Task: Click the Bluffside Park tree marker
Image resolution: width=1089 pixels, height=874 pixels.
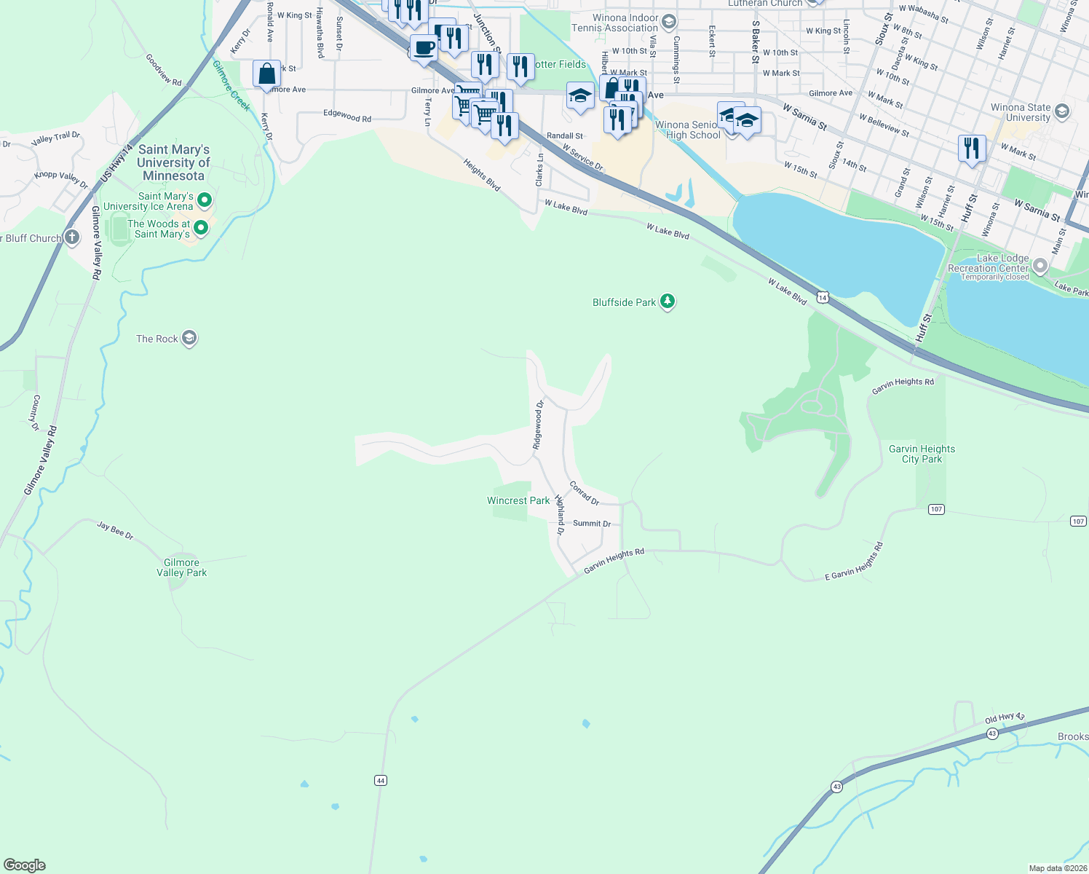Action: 667,302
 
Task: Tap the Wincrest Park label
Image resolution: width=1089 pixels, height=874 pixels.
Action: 518,500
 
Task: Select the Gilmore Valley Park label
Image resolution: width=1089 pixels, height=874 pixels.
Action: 182,567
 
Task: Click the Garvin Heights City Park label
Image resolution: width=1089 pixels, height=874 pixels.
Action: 922,454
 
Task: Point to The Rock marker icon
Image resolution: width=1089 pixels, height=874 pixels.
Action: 189,338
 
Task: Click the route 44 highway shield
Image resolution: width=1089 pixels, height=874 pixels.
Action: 380,780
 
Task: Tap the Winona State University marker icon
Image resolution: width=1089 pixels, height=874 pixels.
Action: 1061,111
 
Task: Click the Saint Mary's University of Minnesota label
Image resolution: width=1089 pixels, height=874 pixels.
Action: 173,162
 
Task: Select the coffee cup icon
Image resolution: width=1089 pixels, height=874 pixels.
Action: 424,48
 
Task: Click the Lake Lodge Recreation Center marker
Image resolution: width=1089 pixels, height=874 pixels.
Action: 1040,267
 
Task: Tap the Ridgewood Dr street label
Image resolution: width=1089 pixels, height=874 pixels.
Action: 539,425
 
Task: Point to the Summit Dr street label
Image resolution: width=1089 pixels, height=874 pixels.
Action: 591,524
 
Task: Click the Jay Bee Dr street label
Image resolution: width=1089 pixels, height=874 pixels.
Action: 116,530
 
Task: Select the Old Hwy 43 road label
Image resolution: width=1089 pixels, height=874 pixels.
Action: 1005,718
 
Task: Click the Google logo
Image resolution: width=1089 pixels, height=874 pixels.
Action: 25,865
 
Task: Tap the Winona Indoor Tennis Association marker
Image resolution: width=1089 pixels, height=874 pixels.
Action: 669,23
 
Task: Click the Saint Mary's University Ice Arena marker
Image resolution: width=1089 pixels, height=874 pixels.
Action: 205,200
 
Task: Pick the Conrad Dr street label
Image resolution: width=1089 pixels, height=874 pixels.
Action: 584,493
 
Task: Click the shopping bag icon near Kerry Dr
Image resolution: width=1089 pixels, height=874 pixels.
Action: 266,74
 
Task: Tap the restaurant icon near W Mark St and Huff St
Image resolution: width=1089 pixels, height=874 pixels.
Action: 972,148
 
